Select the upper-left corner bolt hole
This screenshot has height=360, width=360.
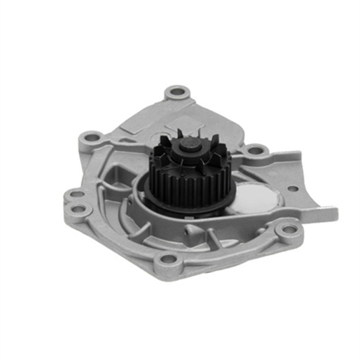pyautogui.click(x=91, y=136)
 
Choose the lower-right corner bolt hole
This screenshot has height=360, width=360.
pyautogui.click(x=288, y=230)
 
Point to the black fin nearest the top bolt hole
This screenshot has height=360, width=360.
pyautogui.click(x=173, y=137)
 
